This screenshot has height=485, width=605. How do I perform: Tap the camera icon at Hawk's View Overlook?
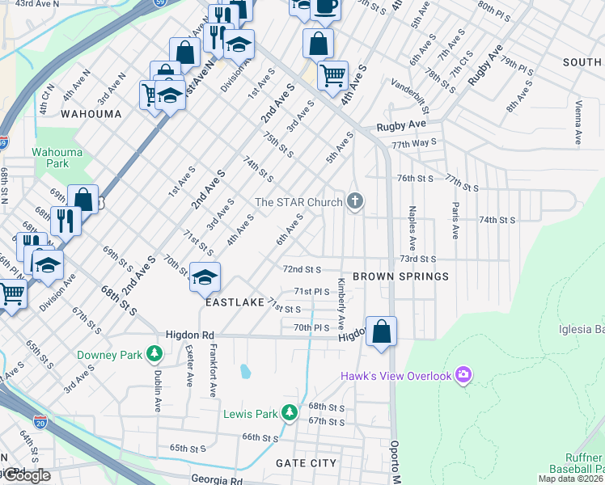[463, 374]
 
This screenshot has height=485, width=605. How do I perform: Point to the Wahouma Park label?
[50, 157]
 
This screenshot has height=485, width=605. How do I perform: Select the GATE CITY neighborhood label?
[306, 463]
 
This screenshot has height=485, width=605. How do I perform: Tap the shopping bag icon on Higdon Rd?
[381, 331]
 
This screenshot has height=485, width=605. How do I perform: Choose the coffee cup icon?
[325, 6]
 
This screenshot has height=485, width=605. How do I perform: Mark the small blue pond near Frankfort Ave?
[245, 372]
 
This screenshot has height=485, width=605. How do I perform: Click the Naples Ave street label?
[412, 231]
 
